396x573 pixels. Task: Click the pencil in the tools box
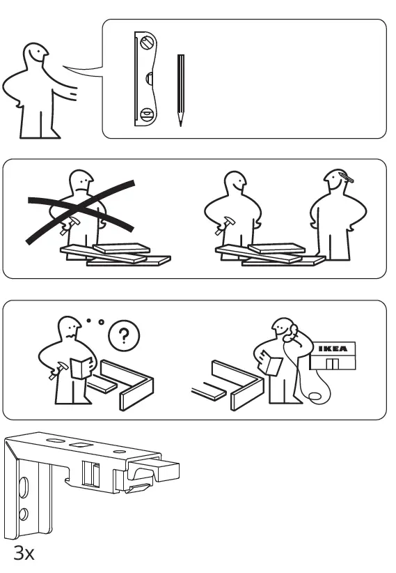[x=181, y=90]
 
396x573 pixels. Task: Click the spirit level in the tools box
[x=145, y=79]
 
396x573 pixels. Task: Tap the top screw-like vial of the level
[x=148, y=42]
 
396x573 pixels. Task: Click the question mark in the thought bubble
[x=124, y=335]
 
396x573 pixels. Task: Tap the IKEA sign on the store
[x=333, y=349]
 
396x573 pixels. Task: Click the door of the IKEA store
[x=333, y=364]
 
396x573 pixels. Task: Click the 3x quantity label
[x=24, y=553]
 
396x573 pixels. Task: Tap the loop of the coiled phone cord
[x=315, y=397]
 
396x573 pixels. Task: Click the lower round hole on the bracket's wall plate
[x=24, y=514]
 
